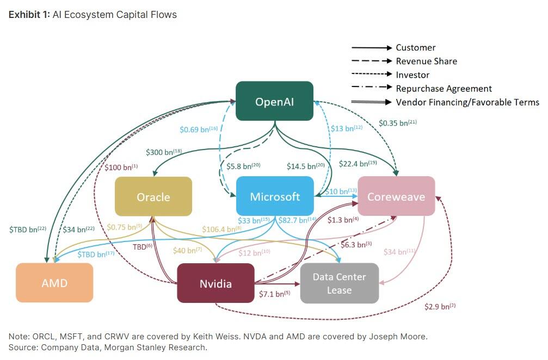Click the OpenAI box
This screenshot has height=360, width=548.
point(274,101)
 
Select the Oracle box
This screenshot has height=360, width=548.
point(153,196)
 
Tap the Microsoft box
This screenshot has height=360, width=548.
point(275,196)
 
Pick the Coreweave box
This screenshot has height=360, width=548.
point(396,196)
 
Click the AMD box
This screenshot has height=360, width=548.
point(54,283)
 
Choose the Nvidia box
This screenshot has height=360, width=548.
point(215,283)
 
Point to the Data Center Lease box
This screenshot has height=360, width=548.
point(339,283)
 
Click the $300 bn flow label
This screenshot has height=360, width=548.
point(163,153)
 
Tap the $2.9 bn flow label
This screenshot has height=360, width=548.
point(440,307)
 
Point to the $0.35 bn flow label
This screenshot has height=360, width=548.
point(397,123)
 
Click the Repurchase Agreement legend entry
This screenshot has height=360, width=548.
point(444,89)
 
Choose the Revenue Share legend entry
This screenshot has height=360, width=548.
point(426,61)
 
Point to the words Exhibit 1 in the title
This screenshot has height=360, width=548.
point(29,15)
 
